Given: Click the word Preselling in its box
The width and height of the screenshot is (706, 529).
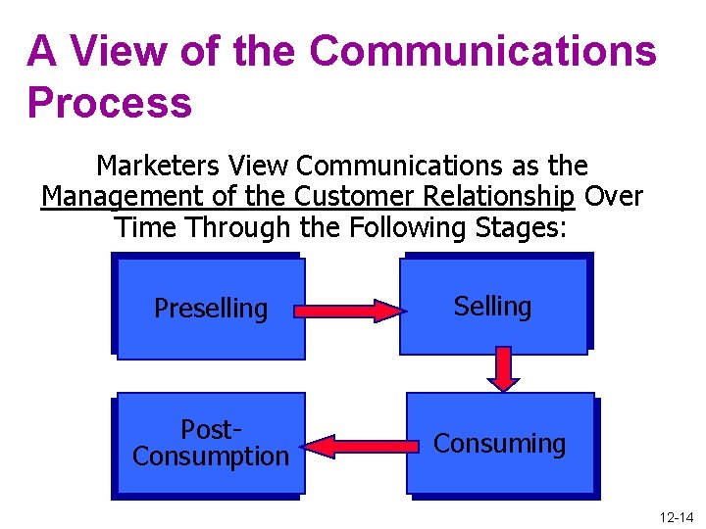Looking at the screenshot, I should click(211, 309).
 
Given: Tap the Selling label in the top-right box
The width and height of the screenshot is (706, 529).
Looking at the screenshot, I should click(492, 307).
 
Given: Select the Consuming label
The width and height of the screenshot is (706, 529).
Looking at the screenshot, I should click(499, 444).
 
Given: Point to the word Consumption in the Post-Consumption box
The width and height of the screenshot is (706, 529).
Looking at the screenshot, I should click(211, 457).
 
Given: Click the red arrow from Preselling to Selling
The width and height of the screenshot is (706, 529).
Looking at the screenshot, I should click(350, 312).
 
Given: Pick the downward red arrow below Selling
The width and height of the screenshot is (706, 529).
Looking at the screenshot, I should click(503, 368).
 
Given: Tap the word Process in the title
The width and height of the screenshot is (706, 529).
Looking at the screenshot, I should click(110, 102).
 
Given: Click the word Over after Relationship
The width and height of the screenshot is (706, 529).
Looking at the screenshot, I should click(614, 197).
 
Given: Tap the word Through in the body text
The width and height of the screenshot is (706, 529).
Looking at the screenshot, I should click(240, 227).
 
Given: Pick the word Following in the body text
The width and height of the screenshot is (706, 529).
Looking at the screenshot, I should click(417, 227).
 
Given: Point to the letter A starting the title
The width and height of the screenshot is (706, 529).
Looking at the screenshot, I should click(41, 51).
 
